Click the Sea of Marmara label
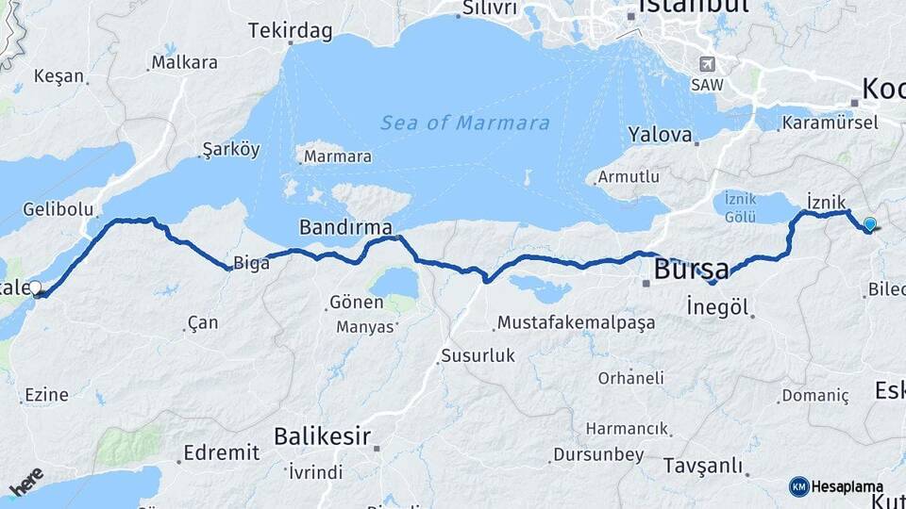(x=465, y=123)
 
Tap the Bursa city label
(x=691, y=269)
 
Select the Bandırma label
(x=345, y=227)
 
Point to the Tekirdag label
(x=291, y=31)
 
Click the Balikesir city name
(x=321, y=435)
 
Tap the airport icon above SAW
(x=706, y=64)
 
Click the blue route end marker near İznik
(x=869, y=224)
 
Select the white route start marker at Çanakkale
(x=35, y=287)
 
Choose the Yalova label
(x=661, y=134)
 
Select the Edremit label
(x=222, y=452)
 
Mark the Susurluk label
(x=478, y=356)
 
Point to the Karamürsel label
(x=830, y=123)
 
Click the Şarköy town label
(x=230, y=150)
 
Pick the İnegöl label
(x=717, y=307)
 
